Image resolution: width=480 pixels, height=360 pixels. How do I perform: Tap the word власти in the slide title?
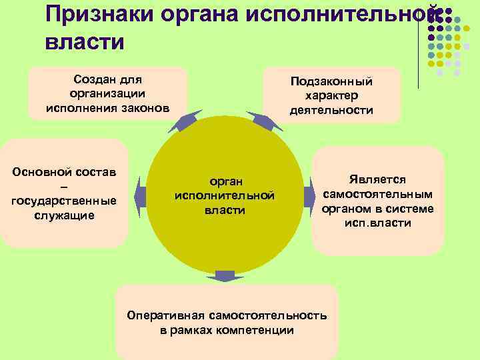[x=85, y=42]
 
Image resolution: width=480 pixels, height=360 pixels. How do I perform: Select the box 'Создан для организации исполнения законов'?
[x=107, y=93]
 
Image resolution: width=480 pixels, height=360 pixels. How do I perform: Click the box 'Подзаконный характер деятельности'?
[x=331, y=95]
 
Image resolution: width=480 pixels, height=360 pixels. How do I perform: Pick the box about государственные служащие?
[x=64, y=193]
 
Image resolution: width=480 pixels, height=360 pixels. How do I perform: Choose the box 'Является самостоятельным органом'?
[x=377, y=201]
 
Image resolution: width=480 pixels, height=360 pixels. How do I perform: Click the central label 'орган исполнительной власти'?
[x=224, y=196]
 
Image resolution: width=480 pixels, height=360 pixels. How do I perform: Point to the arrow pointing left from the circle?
[x=140, y=195]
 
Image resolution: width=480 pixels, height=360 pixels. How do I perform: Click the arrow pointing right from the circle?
[x=309, y=195]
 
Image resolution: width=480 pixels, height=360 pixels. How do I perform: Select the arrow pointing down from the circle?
[x=225, y=276]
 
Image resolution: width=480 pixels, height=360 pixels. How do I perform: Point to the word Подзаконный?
[x=331, y=81]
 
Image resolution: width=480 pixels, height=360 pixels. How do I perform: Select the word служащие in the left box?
[x=64, y=215]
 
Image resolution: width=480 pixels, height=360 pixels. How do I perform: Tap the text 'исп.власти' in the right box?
[x=378, y=223]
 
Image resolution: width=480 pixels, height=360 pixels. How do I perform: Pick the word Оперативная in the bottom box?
[x=165, y=315]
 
